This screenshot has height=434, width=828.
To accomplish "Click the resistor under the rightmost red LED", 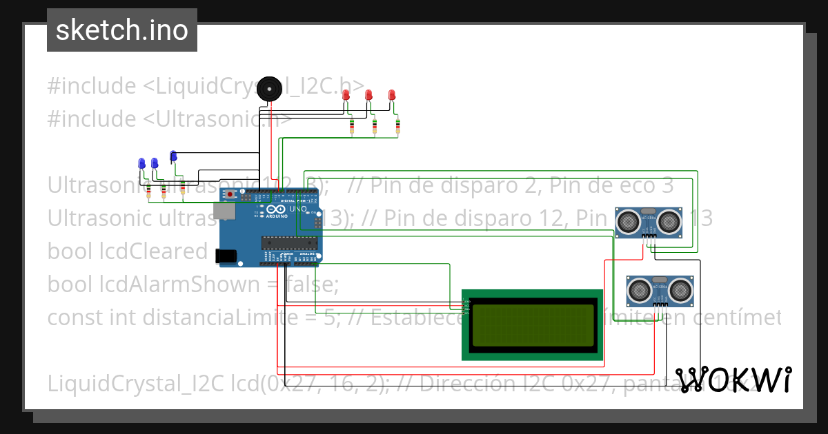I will [x=398, y=125].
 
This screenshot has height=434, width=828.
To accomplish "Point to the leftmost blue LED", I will [x=141, y=163].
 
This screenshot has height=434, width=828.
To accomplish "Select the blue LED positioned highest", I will [x=173, y=156].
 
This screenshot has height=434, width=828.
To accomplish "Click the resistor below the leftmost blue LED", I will [x=148, y=191].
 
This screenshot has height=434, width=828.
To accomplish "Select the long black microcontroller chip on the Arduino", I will [x=289, y=241].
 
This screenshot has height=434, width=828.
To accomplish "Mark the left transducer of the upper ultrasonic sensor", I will [x=628, y=221].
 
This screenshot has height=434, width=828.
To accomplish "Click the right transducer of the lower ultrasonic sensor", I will [x=682, y=290].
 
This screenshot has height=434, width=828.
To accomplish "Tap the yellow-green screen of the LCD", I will [x=532, y=324].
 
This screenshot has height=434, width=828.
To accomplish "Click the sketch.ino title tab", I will [x=122, y=30].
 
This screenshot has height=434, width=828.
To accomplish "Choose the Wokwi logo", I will [x=733, y=380].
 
